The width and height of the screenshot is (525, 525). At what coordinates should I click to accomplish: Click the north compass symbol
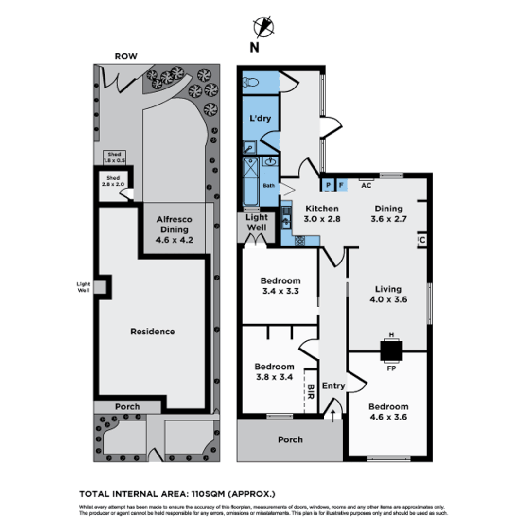[263, 27]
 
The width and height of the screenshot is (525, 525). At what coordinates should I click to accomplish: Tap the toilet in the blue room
[252, 83]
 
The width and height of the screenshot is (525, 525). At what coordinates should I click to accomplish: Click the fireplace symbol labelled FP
[391, 350]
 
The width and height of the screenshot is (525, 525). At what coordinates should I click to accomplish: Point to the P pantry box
[328, 185]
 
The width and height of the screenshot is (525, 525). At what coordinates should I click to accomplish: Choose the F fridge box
[341, 185]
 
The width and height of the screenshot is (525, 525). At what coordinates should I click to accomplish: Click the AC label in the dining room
[366, 184]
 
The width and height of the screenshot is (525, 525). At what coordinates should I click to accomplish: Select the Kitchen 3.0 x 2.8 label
[322, 213]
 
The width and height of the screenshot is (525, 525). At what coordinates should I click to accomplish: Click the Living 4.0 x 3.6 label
[387, 294]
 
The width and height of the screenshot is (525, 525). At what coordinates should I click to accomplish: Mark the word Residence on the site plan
[152, 332]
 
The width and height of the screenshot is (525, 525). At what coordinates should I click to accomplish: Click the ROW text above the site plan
[125, 56]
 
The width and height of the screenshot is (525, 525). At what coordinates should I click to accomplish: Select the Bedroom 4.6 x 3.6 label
[388, 412]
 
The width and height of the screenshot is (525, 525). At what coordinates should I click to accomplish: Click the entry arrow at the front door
[333, 414]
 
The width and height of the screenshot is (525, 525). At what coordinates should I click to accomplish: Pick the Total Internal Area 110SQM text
[177, 494]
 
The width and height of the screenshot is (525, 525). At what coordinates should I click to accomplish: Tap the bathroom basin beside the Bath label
[270, 161]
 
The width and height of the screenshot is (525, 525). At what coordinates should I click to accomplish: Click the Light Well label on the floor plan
[256, 223]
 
